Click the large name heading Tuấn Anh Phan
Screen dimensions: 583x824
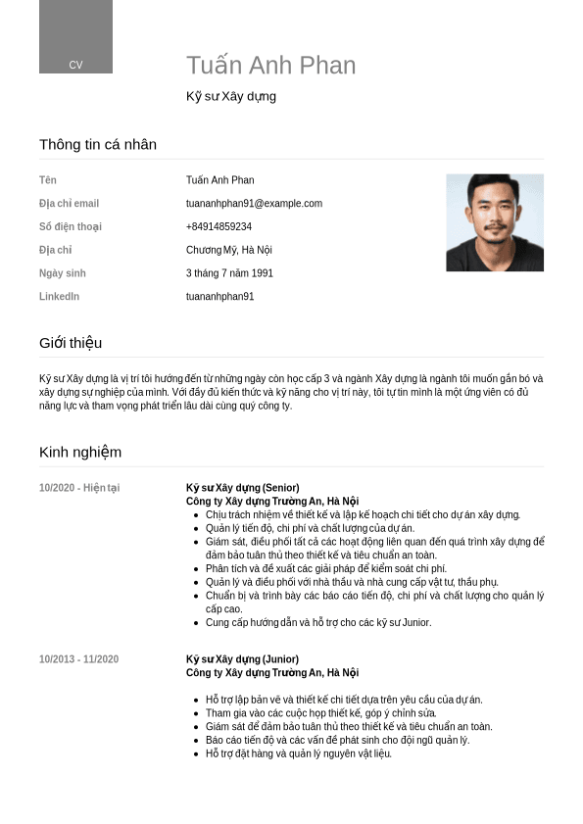pos(270,66)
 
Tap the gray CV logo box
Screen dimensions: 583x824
pos(75,37)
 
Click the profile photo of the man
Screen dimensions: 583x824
pos(494,222)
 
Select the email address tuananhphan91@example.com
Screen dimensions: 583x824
pos(254,204)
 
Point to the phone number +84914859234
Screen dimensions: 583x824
pos(219,226)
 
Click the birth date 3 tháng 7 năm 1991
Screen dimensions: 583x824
pos(229,273)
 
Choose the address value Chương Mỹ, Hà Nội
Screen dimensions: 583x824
pos(228,250)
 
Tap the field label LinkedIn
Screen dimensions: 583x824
pos(59,296)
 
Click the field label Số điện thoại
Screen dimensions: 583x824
pos(70,226)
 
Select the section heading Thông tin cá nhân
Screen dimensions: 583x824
pos(98,145)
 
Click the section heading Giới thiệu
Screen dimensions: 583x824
pos(71,343)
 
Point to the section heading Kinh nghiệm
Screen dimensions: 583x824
pos(80,452)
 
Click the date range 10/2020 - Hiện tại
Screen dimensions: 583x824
pos(79,488)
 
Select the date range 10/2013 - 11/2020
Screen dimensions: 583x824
pos(78,659)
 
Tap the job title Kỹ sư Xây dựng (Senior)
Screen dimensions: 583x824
pos(242,488)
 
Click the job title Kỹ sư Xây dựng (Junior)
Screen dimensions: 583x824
pos(242,659)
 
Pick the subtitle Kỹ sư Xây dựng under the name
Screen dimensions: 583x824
pos(231,96)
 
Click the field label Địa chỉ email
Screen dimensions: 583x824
pos(69,204)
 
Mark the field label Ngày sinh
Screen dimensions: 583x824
pos(63,273)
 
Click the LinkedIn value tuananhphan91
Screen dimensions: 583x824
pos(219,296)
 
